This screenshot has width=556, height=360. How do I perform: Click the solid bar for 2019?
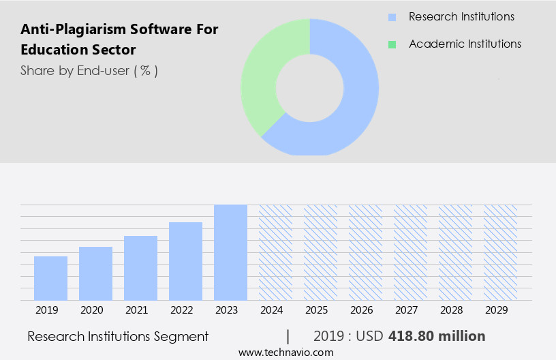50,278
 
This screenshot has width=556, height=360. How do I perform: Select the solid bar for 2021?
140,268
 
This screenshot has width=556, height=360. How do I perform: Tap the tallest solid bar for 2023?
230,252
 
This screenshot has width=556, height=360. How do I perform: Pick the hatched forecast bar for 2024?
275,252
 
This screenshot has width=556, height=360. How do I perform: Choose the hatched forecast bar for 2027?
410,252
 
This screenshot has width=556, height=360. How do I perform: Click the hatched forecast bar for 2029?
500,252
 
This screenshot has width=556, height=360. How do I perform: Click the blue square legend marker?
392,17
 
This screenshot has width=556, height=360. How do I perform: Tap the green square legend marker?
392,44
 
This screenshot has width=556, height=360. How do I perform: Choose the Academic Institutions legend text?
465,44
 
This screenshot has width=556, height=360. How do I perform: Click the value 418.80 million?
437,336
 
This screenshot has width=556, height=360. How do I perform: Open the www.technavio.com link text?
285,352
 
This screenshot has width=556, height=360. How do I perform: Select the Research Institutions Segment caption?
118,336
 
